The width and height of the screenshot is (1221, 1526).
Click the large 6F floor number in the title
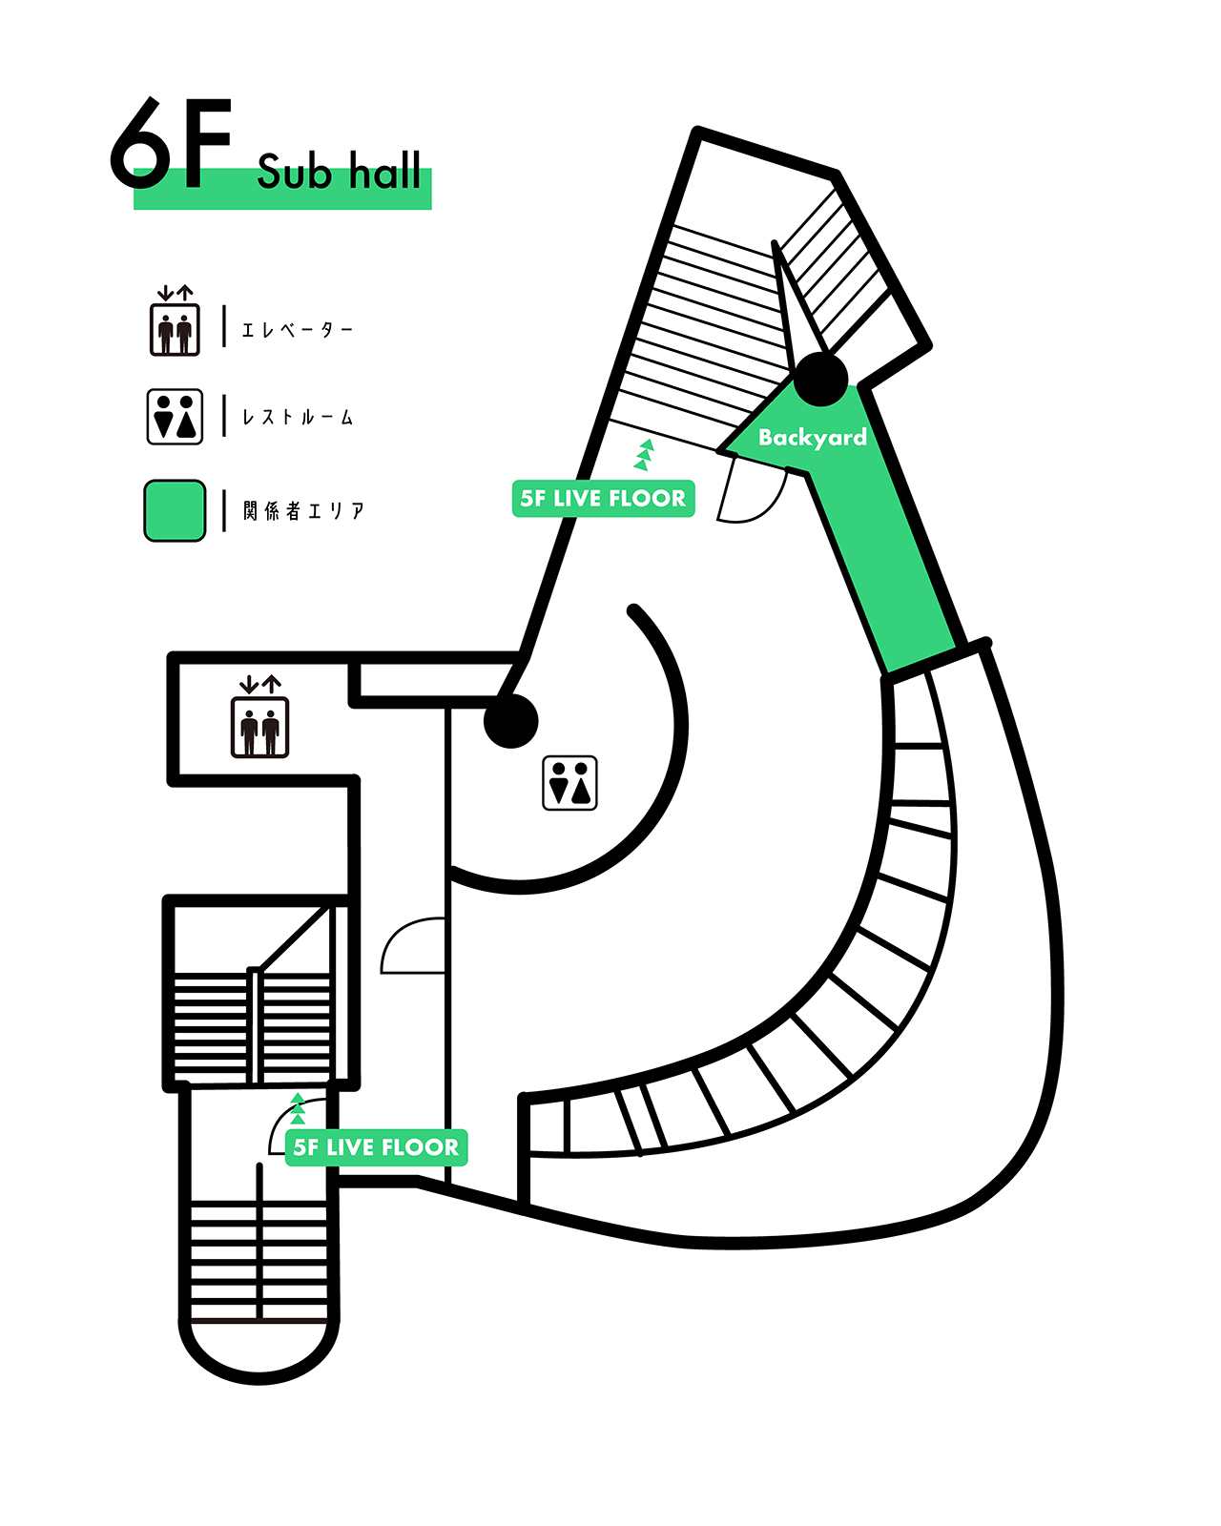click(172, 145)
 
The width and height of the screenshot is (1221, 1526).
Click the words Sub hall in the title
click(339, 173)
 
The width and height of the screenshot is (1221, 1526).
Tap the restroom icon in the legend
click(175, 417)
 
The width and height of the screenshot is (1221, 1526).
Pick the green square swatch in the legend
click(175, 511)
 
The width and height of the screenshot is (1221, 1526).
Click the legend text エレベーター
click(297, 330)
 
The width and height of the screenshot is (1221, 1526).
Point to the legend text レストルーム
click(297, 418)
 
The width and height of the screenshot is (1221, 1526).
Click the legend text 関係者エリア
click(303, 511)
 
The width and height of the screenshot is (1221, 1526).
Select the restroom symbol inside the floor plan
click(569, 783)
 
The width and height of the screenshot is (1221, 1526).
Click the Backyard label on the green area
click(812, 438)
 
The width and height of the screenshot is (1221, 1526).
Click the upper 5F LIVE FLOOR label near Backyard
click(603, 499)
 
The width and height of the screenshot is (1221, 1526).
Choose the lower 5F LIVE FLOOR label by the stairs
click(376, 1147)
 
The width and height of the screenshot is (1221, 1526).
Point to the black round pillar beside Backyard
click(820, 380)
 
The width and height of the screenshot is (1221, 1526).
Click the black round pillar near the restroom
click(511, 721)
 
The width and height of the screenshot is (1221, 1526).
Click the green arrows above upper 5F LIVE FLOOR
click(645, 455)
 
